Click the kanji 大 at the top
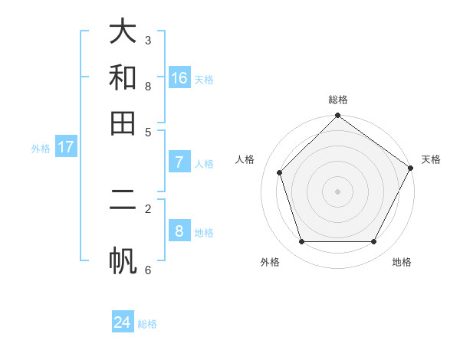(123, 32)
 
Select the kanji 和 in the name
(123, 77)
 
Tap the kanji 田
(123, 123)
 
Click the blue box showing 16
(179, 78)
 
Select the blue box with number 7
(179, 162)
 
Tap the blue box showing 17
(65, 147)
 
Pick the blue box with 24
(123, 322)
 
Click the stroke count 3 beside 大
(147, 40)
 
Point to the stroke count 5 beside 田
(147, 131)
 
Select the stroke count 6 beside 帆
(147, 269)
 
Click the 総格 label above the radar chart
(337, 100)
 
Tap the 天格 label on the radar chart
(431, 159)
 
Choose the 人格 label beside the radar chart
(245, 159)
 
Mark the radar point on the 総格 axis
(337, 116)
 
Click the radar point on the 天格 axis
(410, 168)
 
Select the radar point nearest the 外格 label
(301, 241)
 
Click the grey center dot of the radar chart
(337, 191)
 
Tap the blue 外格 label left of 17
(41, 149)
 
